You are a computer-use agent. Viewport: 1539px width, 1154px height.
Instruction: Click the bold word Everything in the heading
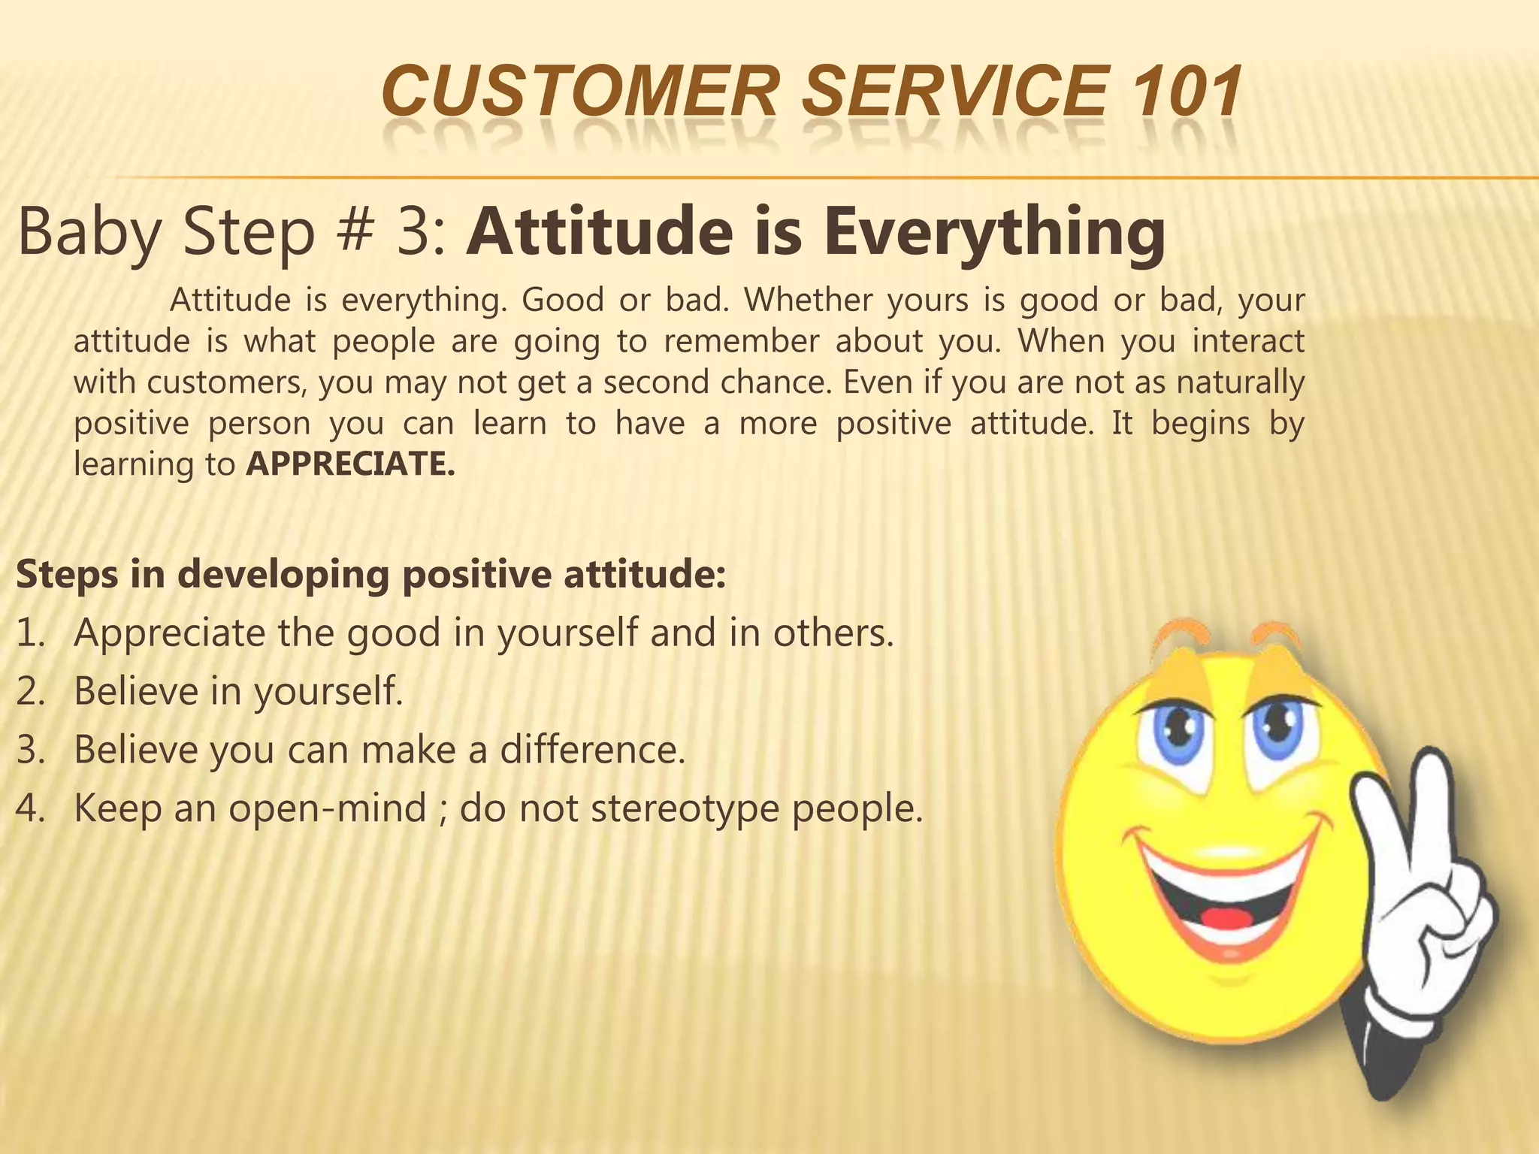pyautogui.click(x=994, y=231)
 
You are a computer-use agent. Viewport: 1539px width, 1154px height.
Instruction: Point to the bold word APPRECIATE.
pyautogui.click(x=350, y=464)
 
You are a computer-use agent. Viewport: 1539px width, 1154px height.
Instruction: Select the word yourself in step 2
pyautogui.click(x=328, y=692)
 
